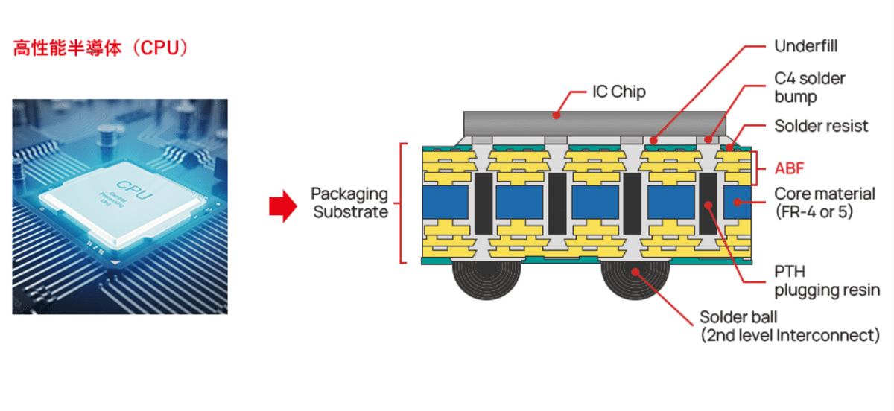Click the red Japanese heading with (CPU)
coord(101,48)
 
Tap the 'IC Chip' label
coord(618,93)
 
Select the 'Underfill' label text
coord(806,46)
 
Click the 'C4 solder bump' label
coord(810,87)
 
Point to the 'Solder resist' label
coord(821,126)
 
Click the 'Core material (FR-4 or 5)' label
coord(825,203)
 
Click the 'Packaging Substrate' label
coord(350,203)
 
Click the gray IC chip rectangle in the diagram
coord(594,123)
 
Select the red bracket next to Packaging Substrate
coord(402,203)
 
